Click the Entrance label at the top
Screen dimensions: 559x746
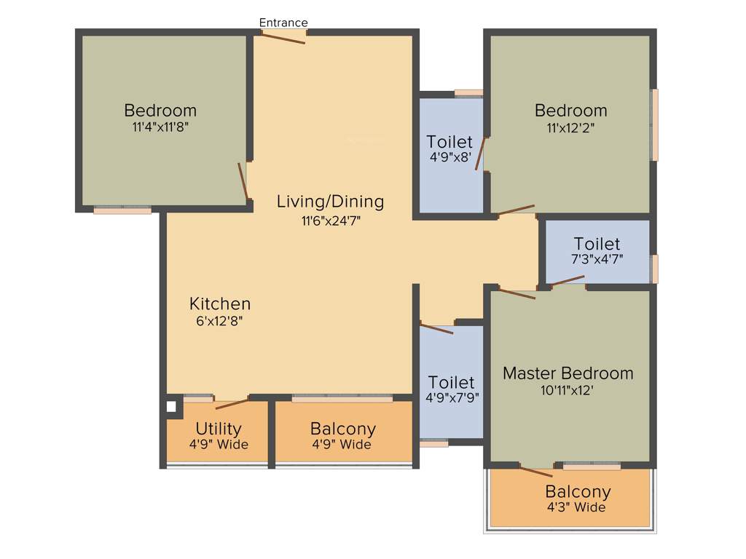coord(283,23)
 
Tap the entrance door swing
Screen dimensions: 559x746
coord(283,37)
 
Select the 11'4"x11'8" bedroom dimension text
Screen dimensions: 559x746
coord(160,127)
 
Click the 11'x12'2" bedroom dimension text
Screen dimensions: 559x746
coord(570,127)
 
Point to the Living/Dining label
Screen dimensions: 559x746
coord(330,202)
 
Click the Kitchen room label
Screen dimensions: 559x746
coord(220,304)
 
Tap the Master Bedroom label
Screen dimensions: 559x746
coord(568,373)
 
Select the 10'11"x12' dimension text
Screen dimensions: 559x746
coord(568,390)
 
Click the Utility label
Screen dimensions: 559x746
coord(219,429)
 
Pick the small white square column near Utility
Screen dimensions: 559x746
coord(171,406)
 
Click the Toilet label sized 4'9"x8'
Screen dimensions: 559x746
coord(449,142)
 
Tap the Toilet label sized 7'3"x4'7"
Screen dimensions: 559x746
coord(597,244)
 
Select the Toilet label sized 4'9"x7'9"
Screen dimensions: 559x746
coord(451,382)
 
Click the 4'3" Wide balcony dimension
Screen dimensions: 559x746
coord(578,507)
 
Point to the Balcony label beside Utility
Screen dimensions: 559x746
coord(343,429)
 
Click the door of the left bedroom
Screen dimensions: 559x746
coord(243,181)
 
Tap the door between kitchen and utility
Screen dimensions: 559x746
coord(232,403)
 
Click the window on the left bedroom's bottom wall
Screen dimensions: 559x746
coord(122,210)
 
